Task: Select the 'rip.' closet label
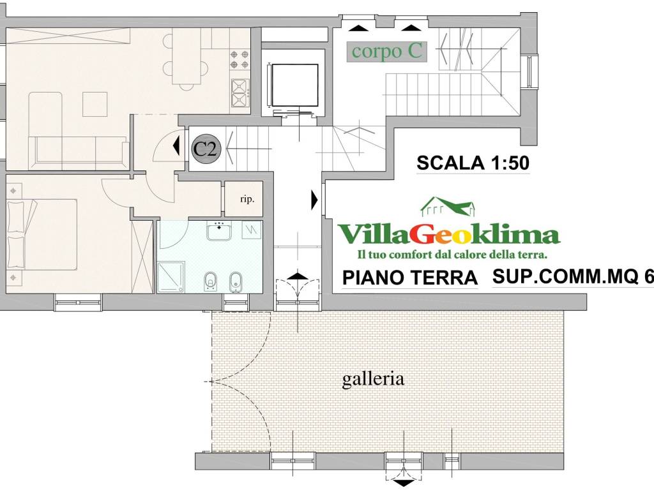coord(247,199)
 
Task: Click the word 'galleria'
coord(373,379)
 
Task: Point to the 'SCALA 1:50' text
coord(473,163)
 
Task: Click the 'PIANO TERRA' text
coord(410,278)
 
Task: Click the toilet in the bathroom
coord(209,281)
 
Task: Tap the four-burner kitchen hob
coord(240,60)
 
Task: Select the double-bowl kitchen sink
coord(240,93)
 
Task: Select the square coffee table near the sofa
coord(95,104)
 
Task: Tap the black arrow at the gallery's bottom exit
coord(404,483)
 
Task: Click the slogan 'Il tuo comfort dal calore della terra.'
coord(452,255)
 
